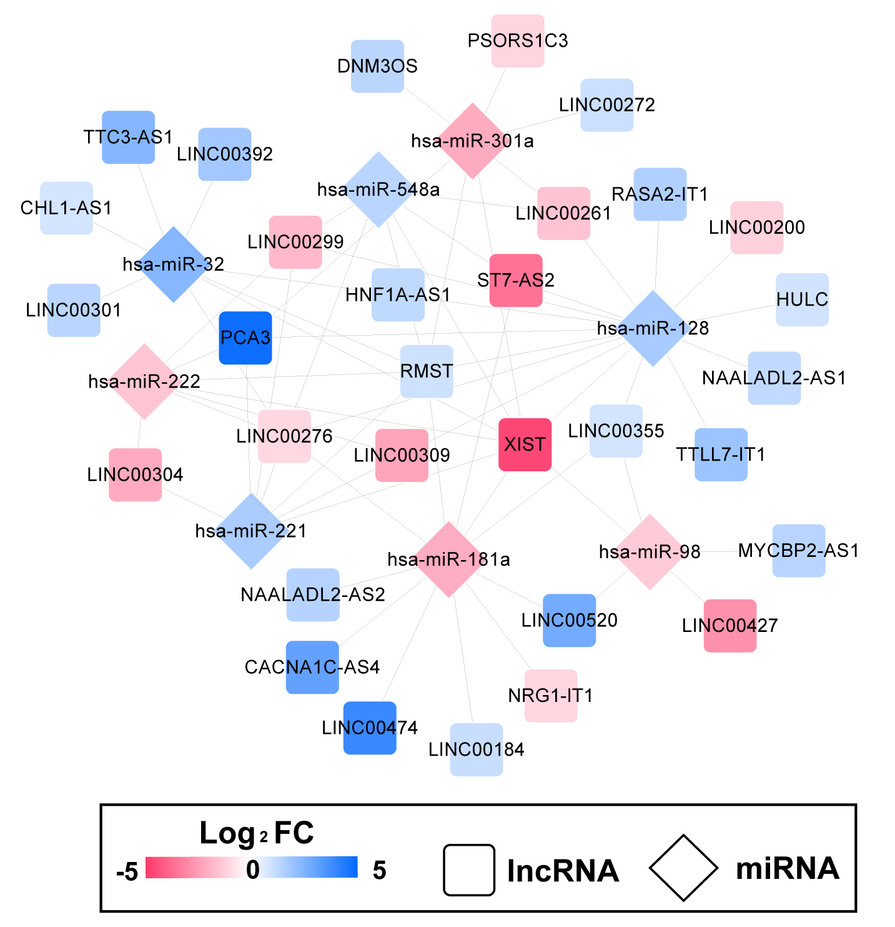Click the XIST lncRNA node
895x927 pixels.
pos(525,444)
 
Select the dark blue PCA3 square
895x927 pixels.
pos(245,338)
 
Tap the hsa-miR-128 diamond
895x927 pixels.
pos(653,328)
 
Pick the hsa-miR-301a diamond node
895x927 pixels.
pos(472,141)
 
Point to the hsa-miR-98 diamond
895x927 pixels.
pos(650,552)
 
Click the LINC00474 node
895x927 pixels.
pos(370,728)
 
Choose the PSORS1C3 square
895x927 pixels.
pos(518,41)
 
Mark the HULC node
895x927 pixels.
pos(802,299)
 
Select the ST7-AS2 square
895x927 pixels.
pos(516,280)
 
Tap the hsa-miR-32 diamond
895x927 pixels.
pos(174,264)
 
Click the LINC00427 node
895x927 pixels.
pos(730,626)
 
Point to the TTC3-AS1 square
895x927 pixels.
pos(128,138)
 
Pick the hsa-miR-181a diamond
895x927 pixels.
pos(448,559)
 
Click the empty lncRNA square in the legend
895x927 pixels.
pos(469,869)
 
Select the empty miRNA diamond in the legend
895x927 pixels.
pos(683,868)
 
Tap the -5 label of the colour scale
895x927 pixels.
pos(127,871)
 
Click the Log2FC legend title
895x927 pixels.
pos(256,833)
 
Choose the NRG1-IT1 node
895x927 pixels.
pos(550,696)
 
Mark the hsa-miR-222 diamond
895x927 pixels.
pos(144,381)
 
